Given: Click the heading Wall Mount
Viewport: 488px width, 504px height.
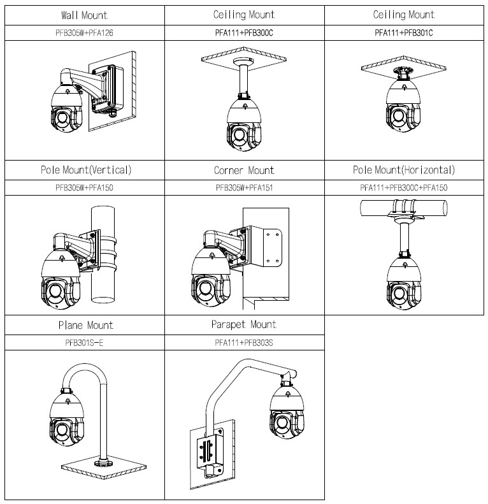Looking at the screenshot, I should point(84,15).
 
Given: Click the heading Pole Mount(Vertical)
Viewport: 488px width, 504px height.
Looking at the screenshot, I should point(84,170).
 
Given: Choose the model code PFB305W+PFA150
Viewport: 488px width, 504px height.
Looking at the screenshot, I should point(84,188).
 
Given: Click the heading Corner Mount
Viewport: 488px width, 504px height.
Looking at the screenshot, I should point(244,170).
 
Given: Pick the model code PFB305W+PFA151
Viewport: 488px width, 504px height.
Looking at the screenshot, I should point(244,188).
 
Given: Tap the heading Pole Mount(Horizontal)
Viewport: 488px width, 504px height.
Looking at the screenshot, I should point(403,170).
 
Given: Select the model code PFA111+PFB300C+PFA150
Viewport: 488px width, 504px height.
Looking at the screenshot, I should point(403,188).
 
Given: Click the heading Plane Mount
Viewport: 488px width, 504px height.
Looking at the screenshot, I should point(84,325).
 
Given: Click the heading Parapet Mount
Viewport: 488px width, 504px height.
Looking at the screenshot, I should point(244,325).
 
